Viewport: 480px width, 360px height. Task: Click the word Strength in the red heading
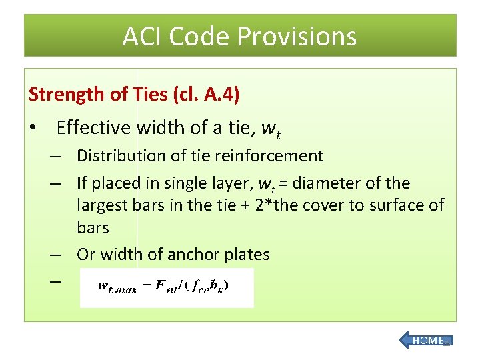65,95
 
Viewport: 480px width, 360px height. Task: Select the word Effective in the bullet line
94,127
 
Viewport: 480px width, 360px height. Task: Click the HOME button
427,340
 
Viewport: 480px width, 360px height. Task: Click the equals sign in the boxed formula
145,287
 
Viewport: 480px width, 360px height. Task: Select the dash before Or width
55,254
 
